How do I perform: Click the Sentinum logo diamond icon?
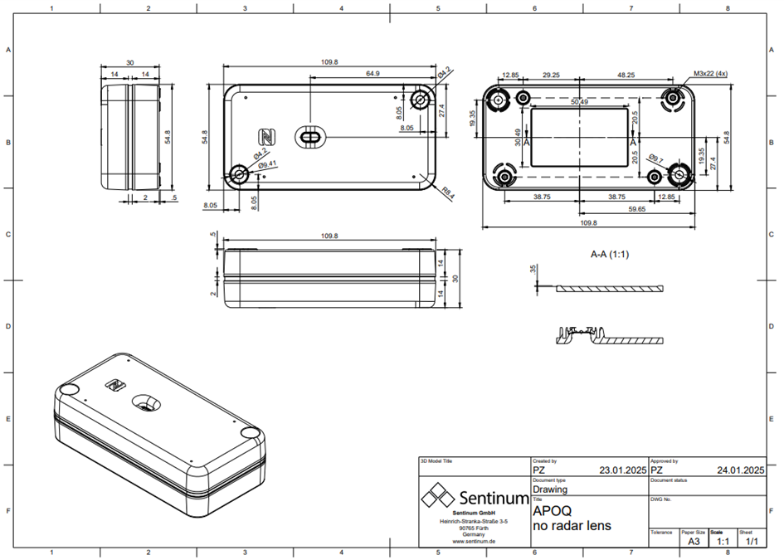coord(436,498)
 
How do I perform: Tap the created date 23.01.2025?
coord(622,470)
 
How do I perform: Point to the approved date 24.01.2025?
coord(740,470)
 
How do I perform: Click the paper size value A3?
coord(694,541)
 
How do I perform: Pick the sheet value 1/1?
coord(752,541)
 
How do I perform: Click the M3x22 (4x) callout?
coord(710,74)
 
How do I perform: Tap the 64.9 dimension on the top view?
coord(373,74)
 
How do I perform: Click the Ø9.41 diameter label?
coord(267,164)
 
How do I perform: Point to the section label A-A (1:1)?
coord(610,255)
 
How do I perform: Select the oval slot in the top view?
coord(311,136)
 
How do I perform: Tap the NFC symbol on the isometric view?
coord(114,385)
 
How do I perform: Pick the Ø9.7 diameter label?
coord(655,158)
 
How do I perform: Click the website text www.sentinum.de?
coord(474,541)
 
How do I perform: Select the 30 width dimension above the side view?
coord(130,63)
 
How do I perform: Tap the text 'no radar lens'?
coord(572,526)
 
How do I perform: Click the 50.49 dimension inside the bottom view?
coord(579,102)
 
